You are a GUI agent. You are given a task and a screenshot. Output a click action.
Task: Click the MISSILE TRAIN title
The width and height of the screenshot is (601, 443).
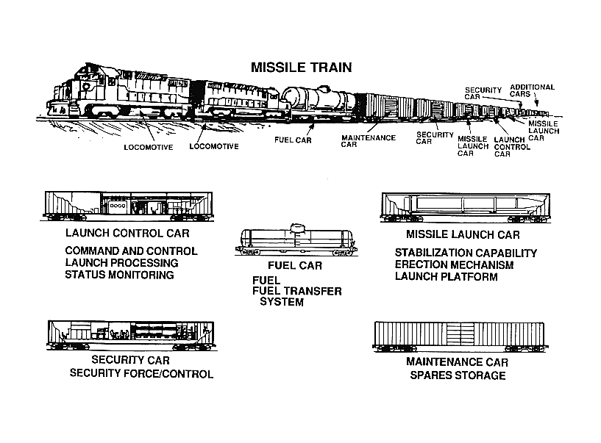pyautogui.click(x=302, y=68)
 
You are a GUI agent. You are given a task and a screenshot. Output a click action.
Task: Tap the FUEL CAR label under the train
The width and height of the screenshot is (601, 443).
pyautogui.click(x=293, y=140)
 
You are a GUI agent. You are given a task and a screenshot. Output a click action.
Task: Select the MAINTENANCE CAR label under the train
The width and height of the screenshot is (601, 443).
pyautogui.click(x=369, y=141)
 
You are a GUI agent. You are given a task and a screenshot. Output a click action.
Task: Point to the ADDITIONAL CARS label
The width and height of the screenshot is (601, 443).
pyautogui.click(x=532, y=91)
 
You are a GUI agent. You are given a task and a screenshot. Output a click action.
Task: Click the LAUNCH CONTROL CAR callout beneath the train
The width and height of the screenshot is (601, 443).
pyautogui.click(x=512, y=147)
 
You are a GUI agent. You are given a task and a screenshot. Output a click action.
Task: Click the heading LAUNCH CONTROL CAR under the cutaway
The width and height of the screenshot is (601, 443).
pyautogui.click(x=127, y=233)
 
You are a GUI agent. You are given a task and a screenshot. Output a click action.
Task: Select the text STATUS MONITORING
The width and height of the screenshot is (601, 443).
pyautogui.click(x=119, y=275)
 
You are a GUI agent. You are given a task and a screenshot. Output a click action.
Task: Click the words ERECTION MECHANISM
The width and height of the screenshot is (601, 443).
pyautogui.click(x=454, y=265)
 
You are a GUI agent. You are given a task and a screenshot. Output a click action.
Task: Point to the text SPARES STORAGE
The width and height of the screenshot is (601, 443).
pyautogui.click(x=458, y=375)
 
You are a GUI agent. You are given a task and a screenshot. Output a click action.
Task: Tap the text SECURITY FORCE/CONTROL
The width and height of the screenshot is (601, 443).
pyautogui.click(x=141, y=374)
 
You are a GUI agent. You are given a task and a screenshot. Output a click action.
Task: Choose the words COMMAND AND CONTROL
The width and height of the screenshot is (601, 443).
pyautogui.click(x=131, y=251)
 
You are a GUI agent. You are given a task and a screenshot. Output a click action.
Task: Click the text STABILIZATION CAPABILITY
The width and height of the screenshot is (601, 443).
pyautogui.click(x=466, y=253)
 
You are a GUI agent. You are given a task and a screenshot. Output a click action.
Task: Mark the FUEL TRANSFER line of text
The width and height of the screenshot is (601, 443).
pyautogui.click(x=296, y=291)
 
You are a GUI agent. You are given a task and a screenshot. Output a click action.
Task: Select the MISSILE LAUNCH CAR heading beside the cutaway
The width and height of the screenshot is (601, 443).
pyautogui.click(x=463, y=234)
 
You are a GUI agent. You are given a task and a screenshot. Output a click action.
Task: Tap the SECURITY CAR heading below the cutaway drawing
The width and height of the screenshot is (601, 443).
pyautogui.click(x=130, y=360)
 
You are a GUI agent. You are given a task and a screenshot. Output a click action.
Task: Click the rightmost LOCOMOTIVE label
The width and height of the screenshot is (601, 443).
pyautogui.click(x=214, y=147)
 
